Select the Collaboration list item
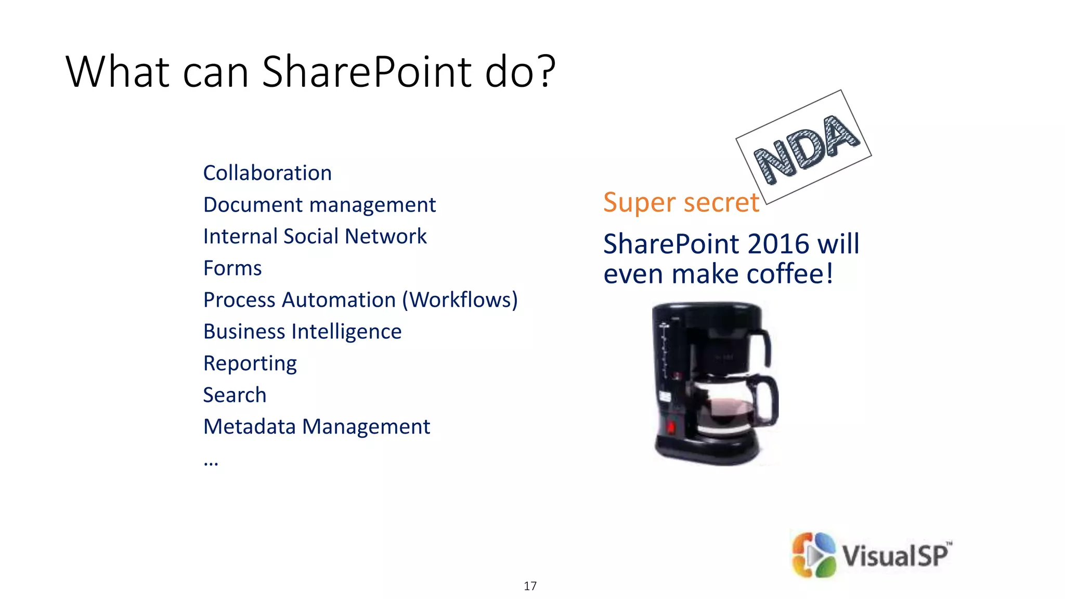click(x=267, y=173)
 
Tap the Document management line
click(x=319, y=205)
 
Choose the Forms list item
click(x=232, y=268)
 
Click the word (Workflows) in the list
click(x=460, y=300)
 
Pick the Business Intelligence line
click(x=302, y=332)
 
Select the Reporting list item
click(x=250, y=363)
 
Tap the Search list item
click(x=235, y=395)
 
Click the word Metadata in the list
click(x=250, y=427)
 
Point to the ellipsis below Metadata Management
click(x=211, y=462)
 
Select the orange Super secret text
click(x=681, y=202)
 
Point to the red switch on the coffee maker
click(x=671, y=427)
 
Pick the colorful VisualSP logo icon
click(x=813, y=555)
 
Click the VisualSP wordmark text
click(x=896, y=555)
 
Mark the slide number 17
click(x=530, y=586)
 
